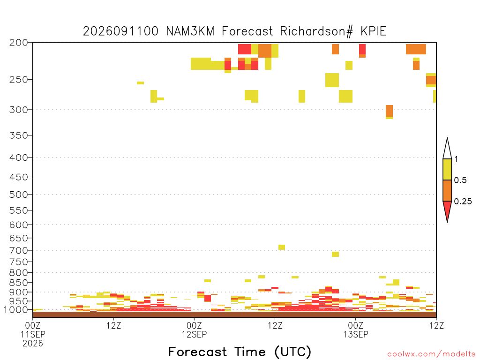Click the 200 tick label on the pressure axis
click(19, 43)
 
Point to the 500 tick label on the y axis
click(19, 195)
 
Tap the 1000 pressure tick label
click(16, 310)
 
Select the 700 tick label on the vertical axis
click(19, 250)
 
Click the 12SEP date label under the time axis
click(194, 334)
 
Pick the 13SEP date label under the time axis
click(355, 334)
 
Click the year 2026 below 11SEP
click(33, 344)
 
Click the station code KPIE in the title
click(374, 31)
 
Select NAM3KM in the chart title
click(190, 31)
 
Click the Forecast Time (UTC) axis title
click(240, 352)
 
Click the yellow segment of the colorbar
click(447, 169)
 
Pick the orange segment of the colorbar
click(447, 190)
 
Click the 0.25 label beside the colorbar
click(463, 202)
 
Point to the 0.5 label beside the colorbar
click(460, 180)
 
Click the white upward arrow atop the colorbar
click(447, 149)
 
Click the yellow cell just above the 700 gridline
click(282, 247)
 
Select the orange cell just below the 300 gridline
click(389, 111)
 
